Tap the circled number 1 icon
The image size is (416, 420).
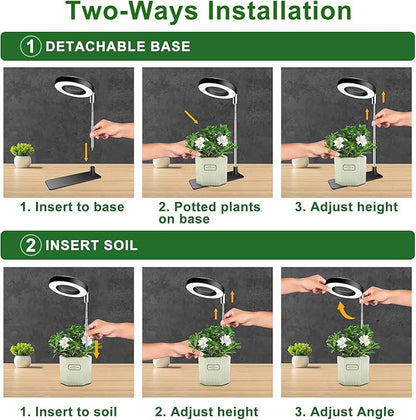[x=30, y=47]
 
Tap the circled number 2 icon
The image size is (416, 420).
[x=30, y=245]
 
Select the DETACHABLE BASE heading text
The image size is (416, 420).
[x=117, y=47]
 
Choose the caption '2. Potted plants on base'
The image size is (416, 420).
[x=208, y=213]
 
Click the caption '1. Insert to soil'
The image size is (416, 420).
[x=70, y=410]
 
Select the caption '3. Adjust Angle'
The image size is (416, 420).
[x=345, y=410]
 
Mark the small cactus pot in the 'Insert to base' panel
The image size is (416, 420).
[x=22, y=155]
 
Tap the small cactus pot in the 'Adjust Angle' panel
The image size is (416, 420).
[x=298, y=355]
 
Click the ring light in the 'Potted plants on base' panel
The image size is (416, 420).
[x=216, y=89]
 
